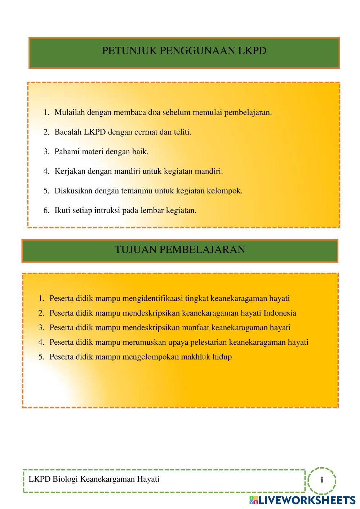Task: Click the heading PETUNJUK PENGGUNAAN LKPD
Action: pos(184,51)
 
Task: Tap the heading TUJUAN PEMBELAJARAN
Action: pos(180,250)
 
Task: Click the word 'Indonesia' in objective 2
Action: pos(280,313)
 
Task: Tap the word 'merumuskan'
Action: pos(143,342)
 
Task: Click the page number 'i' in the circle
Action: pos(322,480)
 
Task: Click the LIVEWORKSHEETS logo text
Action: pos(307,500)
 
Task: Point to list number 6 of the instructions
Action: pos(46,210)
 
